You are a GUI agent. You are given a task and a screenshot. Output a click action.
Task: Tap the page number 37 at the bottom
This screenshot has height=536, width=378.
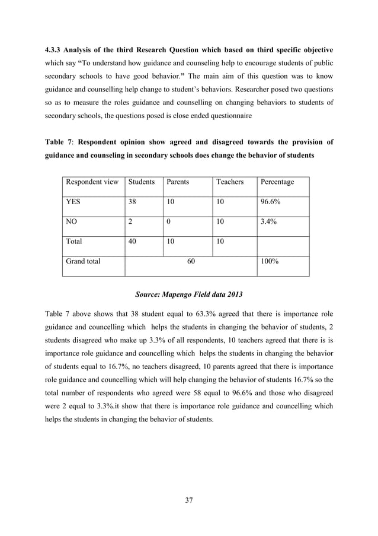point(189,500)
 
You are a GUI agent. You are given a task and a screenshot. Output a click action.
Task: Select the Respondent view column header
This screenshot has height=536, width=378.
point(92,182)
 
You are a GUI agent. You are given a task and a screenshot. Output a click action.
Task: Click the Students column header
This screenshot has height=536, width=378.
point(142,182)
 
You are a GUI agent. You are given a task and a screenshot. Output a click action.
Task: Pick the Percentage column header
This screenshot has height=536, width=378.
point(277,182)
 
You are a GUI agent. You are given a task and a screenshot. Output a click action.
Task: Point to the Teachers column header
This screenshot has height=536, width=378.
point(230,182)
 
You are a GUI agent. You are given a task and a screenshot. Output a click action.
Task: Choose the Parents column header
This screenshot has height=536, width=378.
point(178,182)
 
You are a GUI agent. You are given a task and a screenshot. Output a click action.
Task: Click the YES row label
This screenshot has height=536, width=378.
point(73,202)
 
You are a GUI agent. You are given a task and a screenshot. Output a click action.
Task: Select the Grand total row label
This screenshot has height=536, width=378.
point(83,262)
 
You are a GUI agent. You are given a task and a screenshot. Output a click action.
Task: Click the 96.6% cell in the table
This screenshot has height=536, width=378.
point(271,202)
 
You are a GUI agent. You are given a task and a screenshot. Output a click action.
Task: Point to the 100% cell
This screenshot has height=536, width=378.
point(270,262)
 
